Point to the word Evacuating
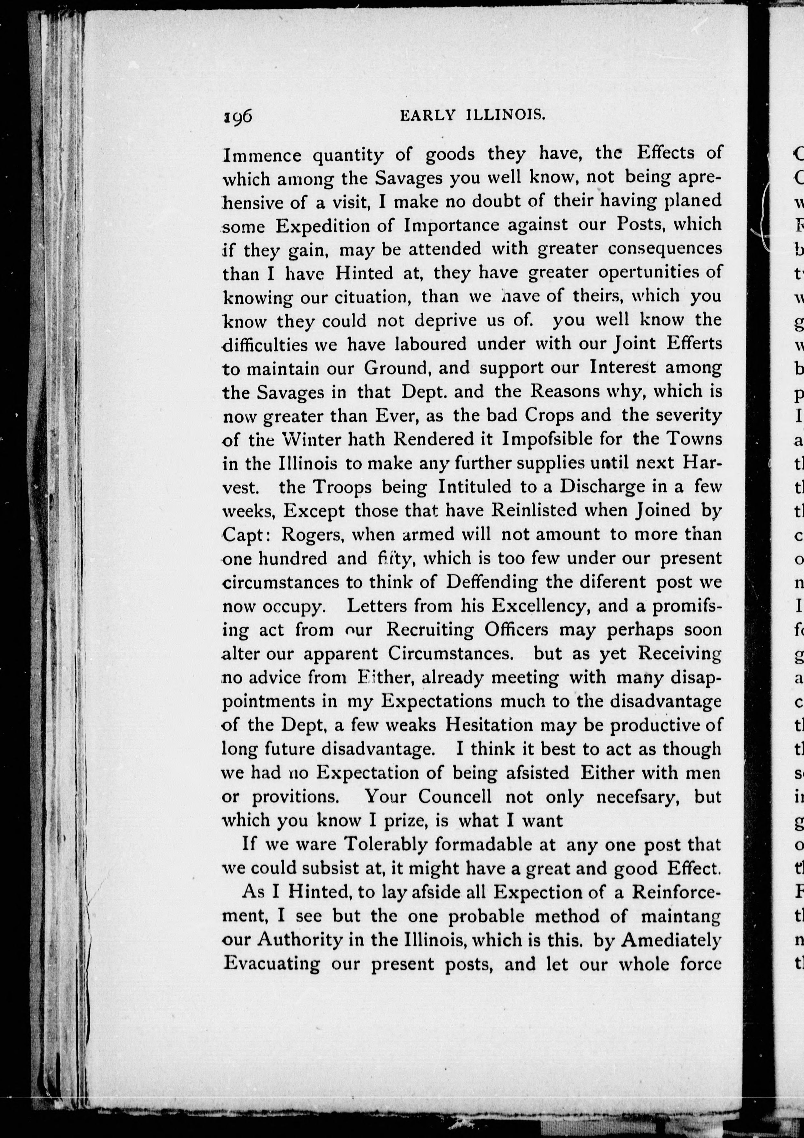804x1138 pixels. [x=272, y=964]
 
